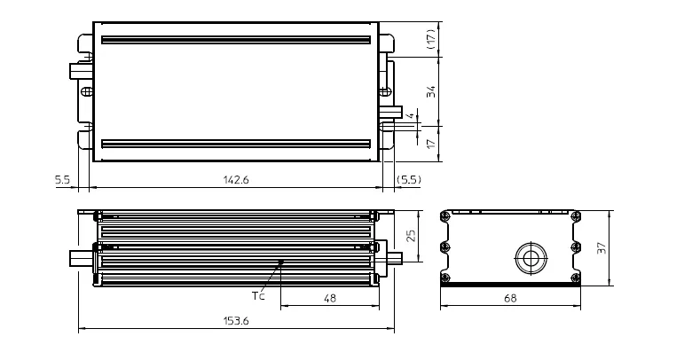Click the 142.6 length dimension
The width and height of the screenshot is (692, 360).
(237, 180)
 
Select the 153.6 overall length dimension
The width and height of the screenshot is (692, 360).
(237, 321)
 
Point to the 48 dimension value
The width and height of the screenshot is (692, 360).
(330, 300)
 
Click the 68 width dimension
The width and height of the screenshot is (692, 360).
(509, 300)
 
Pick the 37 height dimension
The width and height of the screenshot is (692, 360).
(601, 249)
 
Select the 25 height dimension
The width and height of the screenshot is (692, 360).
(411, 236)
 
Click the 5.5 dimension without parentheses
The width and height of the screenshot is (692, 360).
(62, 180)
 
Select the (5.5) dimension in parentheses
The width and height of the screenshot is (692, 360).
(409, 180)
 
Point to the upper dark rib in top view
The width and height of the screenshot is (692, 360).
(235, 40)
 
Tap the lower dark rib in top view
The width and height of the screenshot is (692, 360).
(235, 143)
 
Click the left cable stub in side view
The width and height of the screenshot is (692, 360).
(81, 258)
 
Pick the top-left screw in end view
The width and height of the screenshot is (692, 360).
(446, 217)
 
